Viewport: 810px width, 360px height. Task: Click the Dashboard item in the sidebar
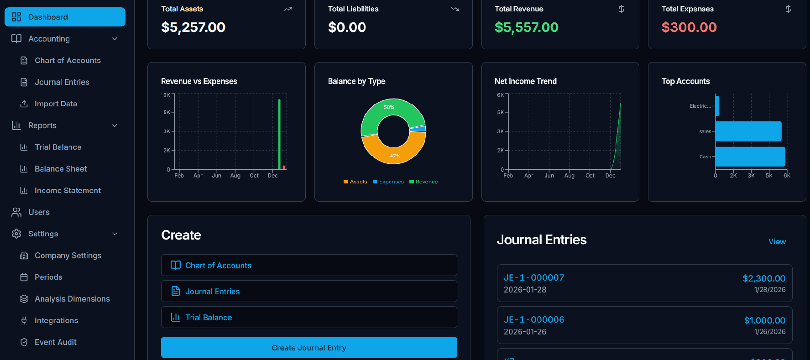coord(65,17)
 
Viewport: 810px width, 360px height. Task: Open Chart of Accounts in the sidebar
coord(68,60)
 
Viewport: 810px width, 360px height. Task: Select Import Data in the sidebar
coord(56,104)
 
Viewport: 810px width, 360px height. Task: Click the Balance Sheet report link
coord(61,169)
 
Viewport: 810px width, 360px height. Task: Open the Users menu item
coord(39,212)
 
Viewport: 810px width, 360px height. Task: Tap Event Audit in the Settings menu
coord(55,342)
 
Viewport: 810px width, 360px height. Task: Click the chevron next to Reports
coord(115,125)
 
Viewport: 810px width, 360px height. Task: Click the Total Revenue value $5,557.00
coord(526,27)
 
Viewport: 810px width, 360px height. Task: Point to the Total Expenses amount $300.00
coord(689,27)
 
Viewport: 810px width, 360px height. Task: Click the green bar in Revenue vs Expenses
coord(279,135)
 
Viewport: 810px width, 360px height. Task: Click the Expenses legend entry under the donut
coord(388,182)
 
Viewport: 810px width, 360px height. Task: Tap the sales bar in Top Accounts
coord(748,131)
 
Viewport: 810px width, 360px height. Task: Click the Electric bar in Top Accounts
coord(717,106)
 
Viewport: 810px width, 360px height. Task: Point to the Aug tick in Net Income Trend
coord(569,176)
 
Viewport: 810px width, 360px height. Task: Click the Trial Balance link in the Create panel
coord(208,318)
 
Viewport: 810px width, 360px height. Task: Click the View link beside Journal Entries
coord(777,241)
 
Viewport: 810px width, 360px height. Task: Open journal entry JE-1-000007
coord(533,278)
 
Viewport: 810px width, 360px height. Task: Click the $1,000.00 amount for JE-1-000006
coord(764,320)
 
